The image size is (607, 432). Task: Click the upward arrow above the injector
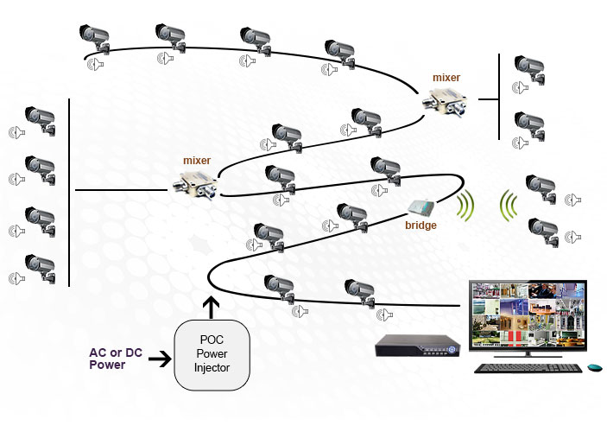[210, 306]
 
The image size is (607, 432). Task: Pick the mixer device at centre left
[198, 183]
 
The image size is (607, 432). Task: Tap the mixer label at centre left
[197, 160]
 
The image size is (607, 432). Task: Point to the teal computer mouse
[594, 368]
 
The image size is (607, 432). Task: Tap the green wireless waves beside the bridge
[466, 206]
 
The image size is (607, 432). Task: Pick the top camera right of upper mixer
[528, 67]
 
